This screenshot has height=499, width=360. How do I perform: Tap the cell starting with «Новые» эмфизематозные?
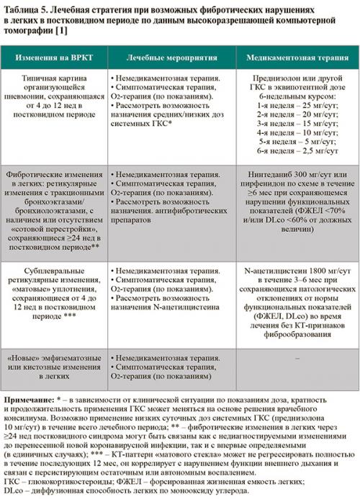coord(55,365)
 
